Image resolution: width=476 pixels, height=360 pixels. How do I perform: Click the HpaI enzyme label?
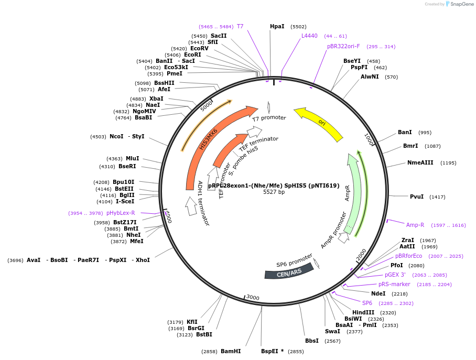[277, 26]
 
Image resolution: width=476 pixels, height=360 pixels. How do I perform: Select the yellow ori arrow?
[319, 123]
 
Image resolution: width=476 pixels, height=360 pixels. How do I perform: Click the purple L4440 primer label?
[309, 36]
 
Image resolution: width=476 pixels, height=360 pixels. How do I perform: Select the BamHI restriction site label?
[231, 351]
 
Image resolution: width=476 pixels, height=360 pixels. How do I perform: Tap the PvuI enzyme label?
[417, 197]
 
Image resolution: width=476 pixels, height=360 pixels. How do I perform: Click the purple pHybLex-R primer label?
[121, 213]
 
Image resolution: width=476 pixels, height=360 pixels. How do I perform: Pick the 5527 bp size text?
[274, 192]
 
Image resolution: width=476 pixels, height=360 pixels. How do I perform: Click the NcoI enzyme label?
[116, 136]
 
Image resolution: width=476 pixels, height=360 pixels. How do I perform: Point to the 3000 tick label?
[253, 298]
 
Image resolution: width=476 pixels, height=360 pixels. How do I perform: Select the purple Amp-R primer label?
[415, 225]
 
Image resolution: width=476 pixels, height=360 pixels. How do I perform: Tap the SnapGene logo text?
[462, 4]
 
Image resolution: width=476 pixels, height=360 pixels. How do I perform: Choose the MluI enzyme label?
[132, 158]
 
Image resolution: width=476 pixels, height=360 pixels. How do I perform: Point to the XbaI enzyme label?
[156, 99]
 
